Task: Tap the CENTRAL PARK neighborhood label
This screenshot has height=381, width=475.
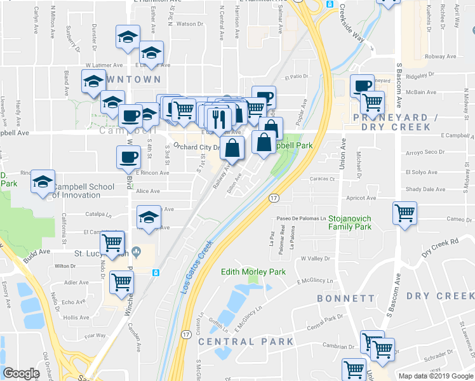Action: (x=246, y=342)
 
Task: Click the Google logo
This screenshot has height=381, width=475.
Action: (x=21, y=373)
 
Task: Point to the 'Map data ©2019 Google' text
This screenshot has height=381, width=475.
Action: (x=435, y=376)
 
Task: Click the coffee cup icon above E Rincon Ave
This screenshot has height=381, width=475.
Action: (x=128, y=156)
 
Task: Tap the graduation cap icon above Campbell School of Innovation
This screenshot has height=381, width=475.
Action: (x=43, y=182)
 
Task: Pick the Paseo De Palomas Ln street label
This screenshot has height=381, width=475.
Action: (x=305, y=219)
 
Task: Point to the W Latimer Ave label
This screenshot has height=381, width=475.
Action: (x=105, y=65)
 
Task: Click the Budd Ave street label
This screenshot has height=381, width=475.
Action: (x=36, y=252)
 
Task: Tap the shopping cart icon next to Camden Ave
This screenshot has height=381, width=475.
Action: (x=121, y=283)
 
